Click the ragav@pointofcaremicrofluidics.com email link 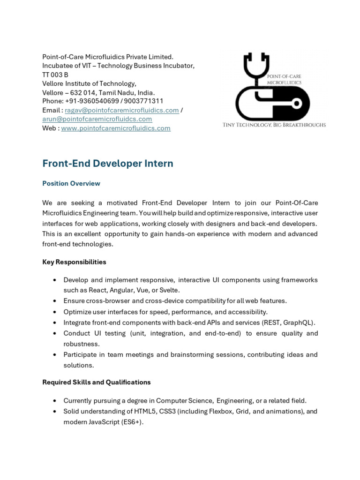click(x=122, y=110)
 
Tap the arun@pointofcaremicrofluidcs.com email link click(x=97, y=119)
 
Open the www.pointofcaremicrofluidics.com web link click(x=116, y=128)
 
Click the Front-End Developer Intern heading click(x=108, y=164)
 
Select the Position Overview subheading click(x=71, y=183)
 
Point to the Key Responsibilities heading click(x=74, y=262)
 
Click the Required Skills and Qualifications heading click(x=97, y=382)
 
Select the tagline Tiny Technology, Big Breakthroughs click(x=274, y=125)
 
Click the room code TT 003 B click(x=55, y=75)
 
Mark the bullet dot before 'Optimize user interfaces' click(x=55, y=312)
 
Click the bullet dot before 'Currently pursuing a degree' click(x=55, y=401)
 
